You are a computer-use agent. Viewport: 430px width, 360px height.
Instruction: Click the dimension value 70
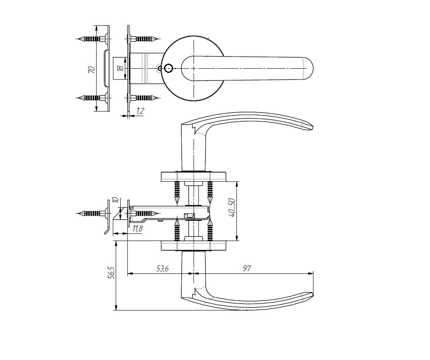click(x=92, y=70)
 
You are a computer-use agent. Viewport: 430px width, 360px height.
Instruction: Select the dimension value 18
click(x=120, y=68)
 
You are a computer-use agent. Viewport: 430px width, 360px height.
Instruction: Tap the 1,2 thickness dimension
click(x=140, y=111)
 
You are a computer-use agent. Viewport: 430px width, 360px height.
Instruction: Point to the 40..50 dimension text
click(x=232, y=208)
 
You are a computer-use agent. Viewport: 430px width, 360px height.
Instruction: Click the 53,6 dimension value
click(x=162, y=269)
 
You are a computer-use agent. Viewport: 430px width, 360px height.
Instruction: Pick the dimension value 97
click(x=246, y=269)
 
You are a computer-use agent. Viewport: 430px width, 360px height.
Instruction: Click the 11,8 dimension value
click(x=137, y=228)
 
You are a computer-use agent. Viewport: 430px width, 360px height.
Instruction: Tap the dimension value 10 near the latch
click(x=115, y=200)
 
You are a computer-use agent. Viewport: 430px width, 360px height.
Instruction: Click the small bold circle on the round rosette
click(x=168, y=68)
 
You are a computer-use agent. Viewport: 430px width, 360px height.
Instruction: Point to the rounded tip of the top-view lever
click(x=313, y=68)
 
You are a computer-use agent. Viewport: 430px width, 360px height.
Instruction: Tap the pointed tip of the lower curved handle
click(x=313, y=294)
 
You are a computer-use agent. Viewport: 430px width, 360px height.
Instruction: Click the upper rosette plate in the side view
click(x=194, y=176)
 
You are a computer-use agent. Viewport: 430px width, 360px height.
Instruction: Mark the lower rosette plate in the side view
click(x=194, y=246)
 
